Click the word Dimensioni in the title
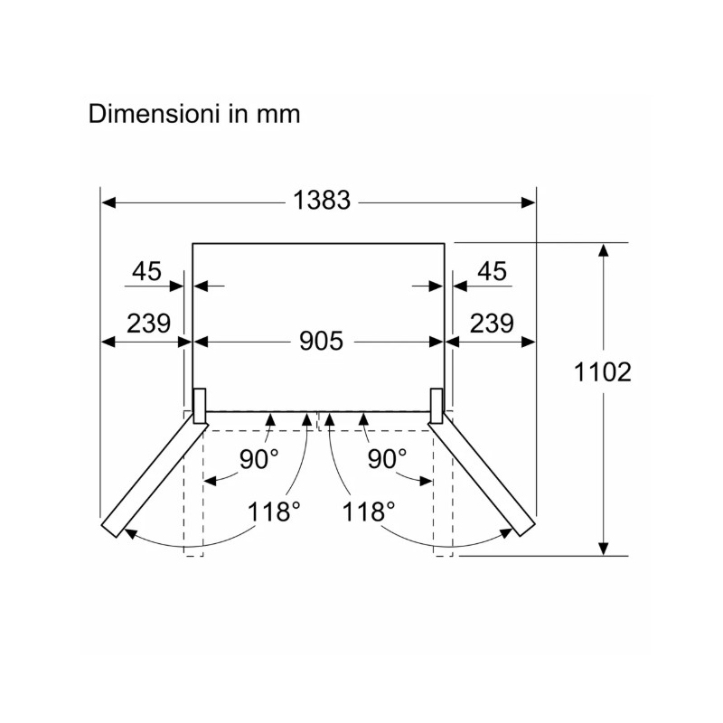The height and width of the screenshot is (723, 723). (x=154, y=114)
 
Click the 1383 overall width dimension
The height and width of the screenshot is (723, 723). (x=322, y=201)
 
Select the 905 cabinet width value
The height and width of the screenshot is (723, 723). (x=321, y=342)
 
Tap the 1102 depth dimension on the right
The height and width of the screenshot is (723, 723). (x=602, y=371)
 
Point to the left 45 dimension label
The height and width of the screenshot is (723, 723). (x=146, y=271)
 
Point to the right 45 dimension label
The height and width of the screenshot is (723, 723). (x=492, y=271)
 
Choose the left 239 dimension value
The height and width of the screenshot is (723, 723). (x=148, y=324)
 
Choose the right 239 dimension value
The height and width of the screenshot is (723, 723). (x=492, y=324)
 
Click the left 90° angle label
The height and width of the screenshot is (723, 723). (x=258, y=459)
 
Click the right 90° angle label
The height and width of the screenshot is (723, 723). (x=387, y=459)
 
